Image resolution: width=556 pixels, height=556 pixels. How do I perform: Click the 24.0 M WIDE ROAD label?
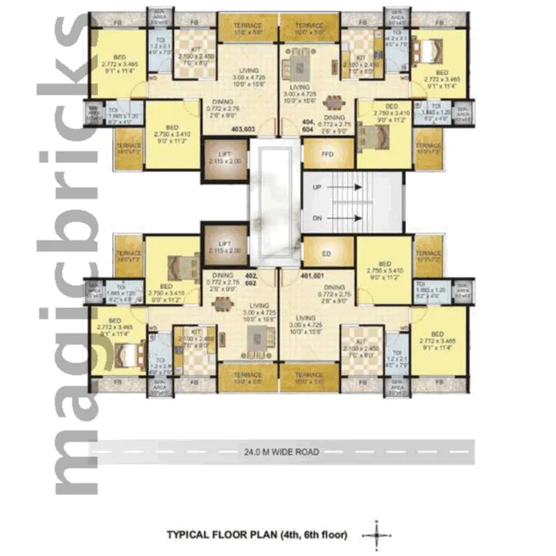click(x=278, y=451)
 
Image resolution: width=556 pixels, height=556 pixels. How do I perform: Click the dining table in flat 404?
click(x=334, y=102)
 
